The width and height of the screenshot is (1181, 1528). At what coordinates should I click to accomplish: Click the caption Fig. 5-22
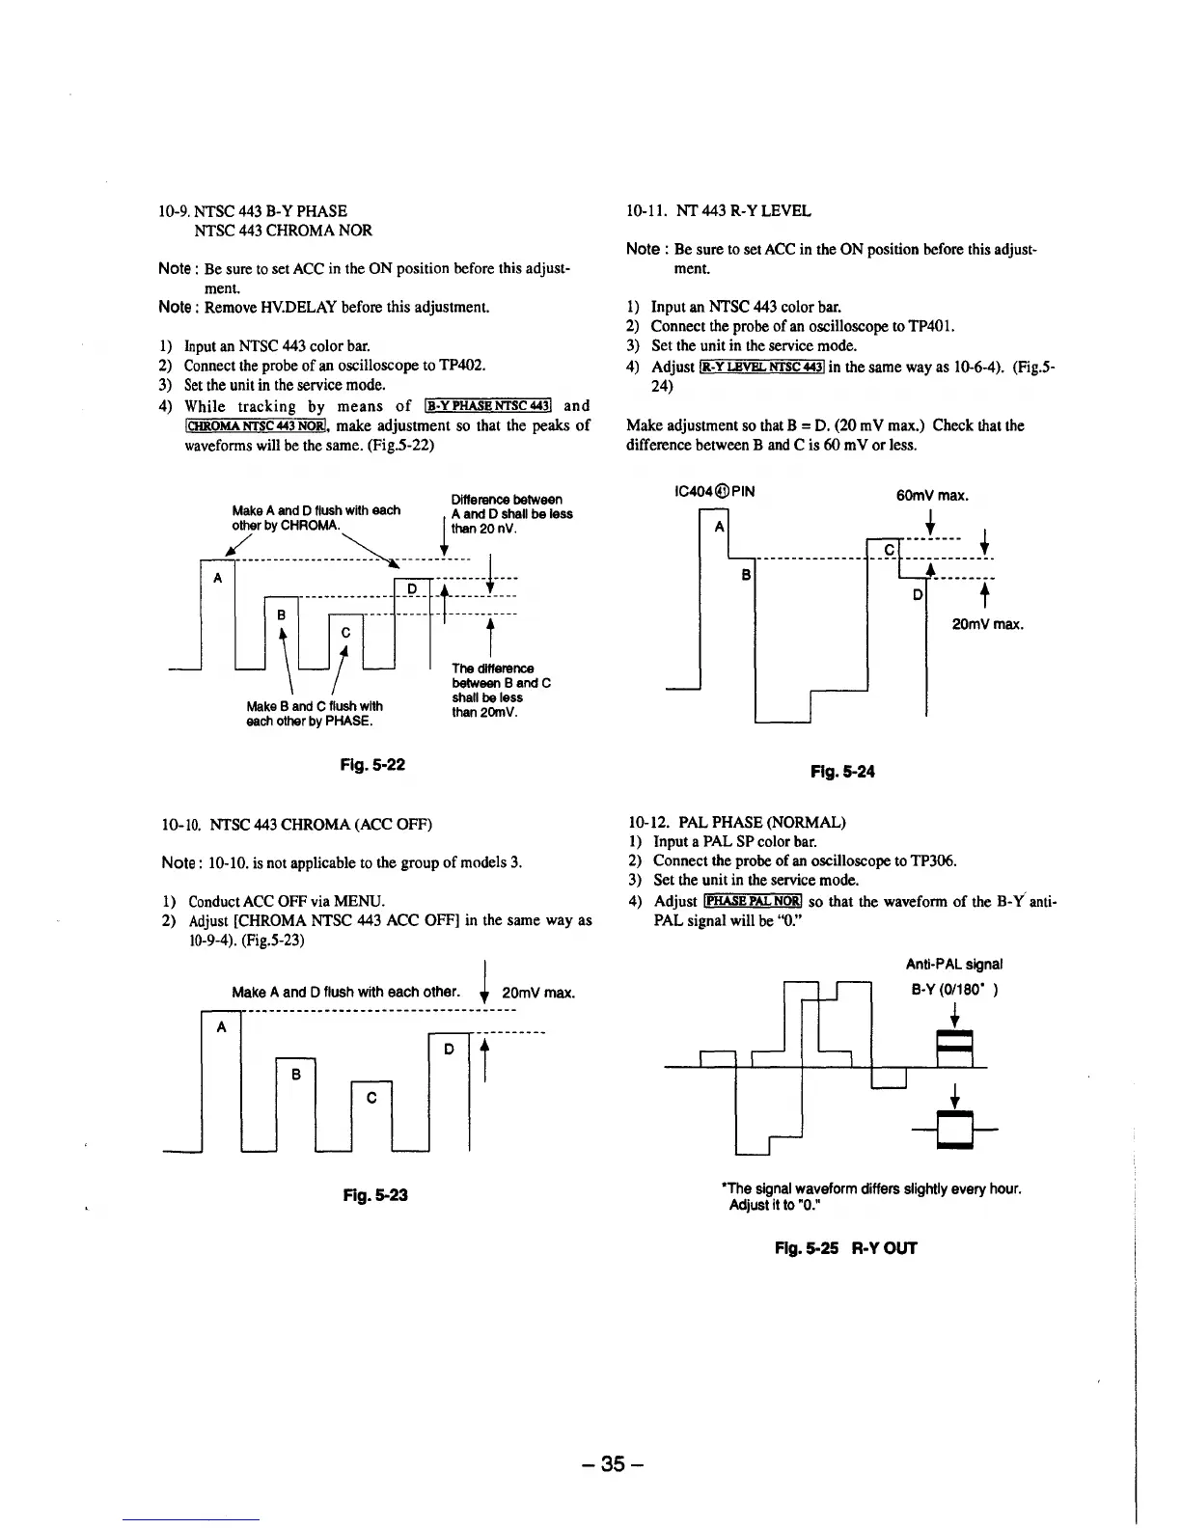click(x=371, y=765)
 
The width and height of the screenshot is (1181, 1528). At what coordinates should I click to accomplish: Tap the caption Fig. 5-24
click(x=842, y=771)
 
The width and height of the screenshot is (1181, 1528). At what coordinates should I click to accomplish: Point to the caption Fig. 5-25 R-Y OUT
click(x=845, y=1247)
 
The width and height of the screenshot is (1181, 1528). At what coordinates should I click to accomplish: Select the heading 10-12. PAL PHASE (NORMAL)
click(x=736, y=823)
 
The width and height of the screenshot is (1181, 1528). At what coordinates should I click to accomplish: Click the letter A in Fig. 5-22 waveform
click(x=218, y=578)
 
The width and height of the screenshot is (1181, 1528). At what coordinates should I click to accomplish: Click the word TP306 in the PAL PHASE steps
click(x=929, y=860)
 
